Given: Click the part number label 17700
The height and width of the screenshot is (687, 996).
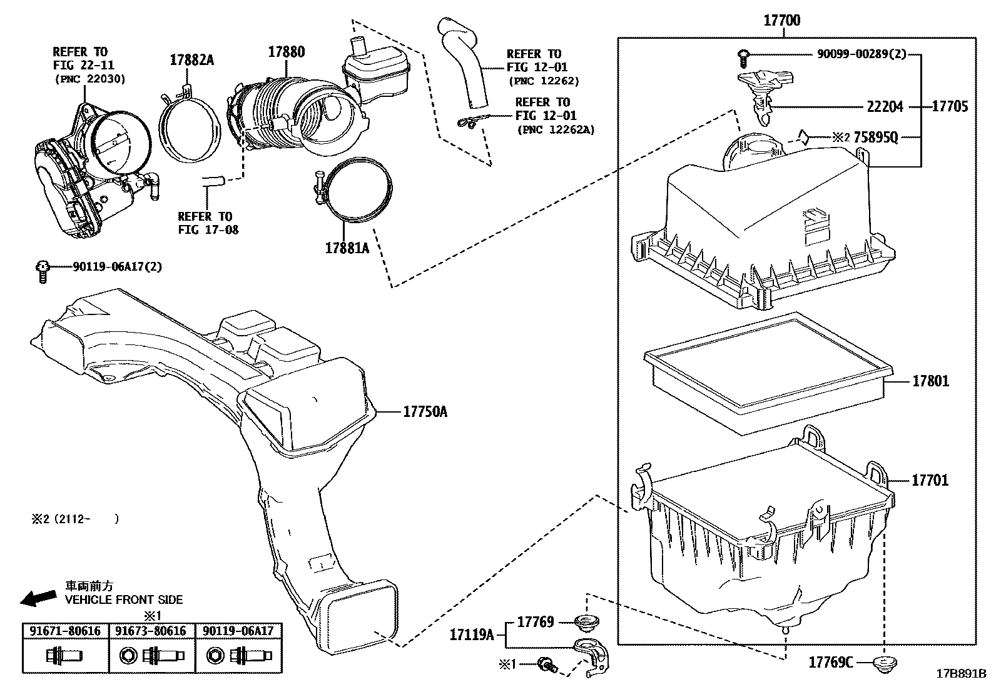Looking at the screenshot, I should point(781,21).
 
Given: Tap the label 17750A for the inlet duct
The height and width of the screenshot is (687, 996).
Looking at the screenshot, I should point(425,412).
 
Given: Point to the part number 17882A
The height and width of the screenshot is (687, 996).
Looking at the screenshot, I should point(191,60).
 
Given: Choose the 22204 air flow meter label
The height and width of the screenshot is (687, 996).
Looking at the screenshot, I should point(885,107).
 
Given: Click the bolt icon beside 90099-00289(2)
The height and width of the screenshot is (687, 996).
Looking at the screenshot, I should point(743,58).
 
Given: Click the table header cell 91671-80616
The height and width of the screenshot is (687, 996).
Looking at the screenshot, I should point(65,631).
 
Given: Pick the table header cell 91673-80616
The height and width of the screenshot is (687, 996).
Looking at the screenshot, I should point(151,631).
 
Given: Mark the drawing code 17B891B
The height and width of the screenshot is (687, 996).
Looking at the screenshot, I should point(960,674).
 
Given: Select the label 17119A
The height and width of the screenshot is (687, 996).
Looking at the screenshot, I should point(471,635).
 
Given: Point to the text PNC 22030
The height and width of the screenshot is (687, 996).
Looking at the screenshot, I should point(90,79).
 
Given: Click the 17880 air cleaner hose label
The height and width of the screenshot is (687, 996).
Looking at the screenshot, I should point(287,52).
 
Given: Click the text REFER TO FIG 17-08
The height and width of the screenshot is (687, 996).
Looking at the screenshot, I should point(208,223).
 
